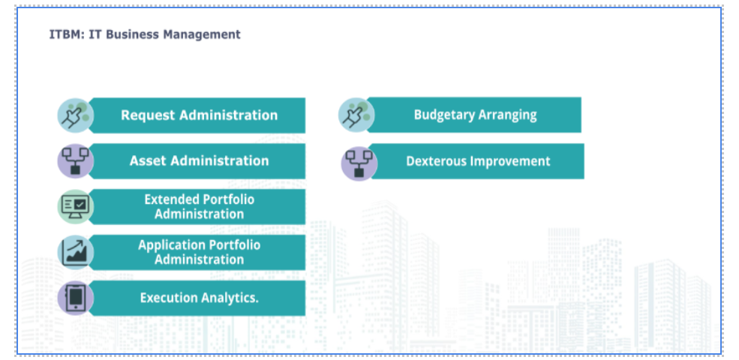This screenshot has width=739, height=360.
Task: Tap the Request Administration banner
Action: [x=197, y=115]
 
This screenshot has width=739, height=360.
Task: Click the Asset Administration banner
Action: [x=197, y=161]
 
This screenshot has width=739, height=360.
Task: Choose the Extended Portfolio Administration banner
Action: [x=197, y=207]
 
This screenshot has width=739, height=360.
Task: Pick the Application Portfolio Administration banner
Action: [x=197, y=253]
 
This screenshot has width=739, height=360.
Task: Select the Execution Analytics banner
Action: [x=197, y=298]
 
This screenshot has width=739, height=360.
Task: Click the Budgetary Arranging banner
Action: [x=475, y=115]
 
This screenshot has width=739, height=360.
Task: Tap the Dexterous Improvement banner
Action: [x=477, y=161]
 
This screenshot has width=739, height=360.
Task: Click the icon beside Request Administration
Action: [x=76, y=115]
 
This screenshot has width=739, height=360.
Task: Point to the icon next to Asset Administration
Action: [x=76, y=161]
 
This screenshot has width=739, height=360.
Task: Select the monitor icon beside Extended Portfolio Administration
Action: [x=76, y=207]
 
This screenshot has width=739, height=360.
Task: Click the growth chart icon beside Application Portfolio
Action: [x=76, y=253]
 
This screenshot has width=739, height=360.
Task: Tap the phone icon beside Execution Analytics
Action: [x=76, y=298]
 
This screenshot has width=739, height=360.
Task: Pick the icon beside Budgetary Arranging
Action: [x=356, y=115]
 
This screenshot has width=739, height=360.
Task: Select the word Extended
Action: [x=168, y=199]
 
